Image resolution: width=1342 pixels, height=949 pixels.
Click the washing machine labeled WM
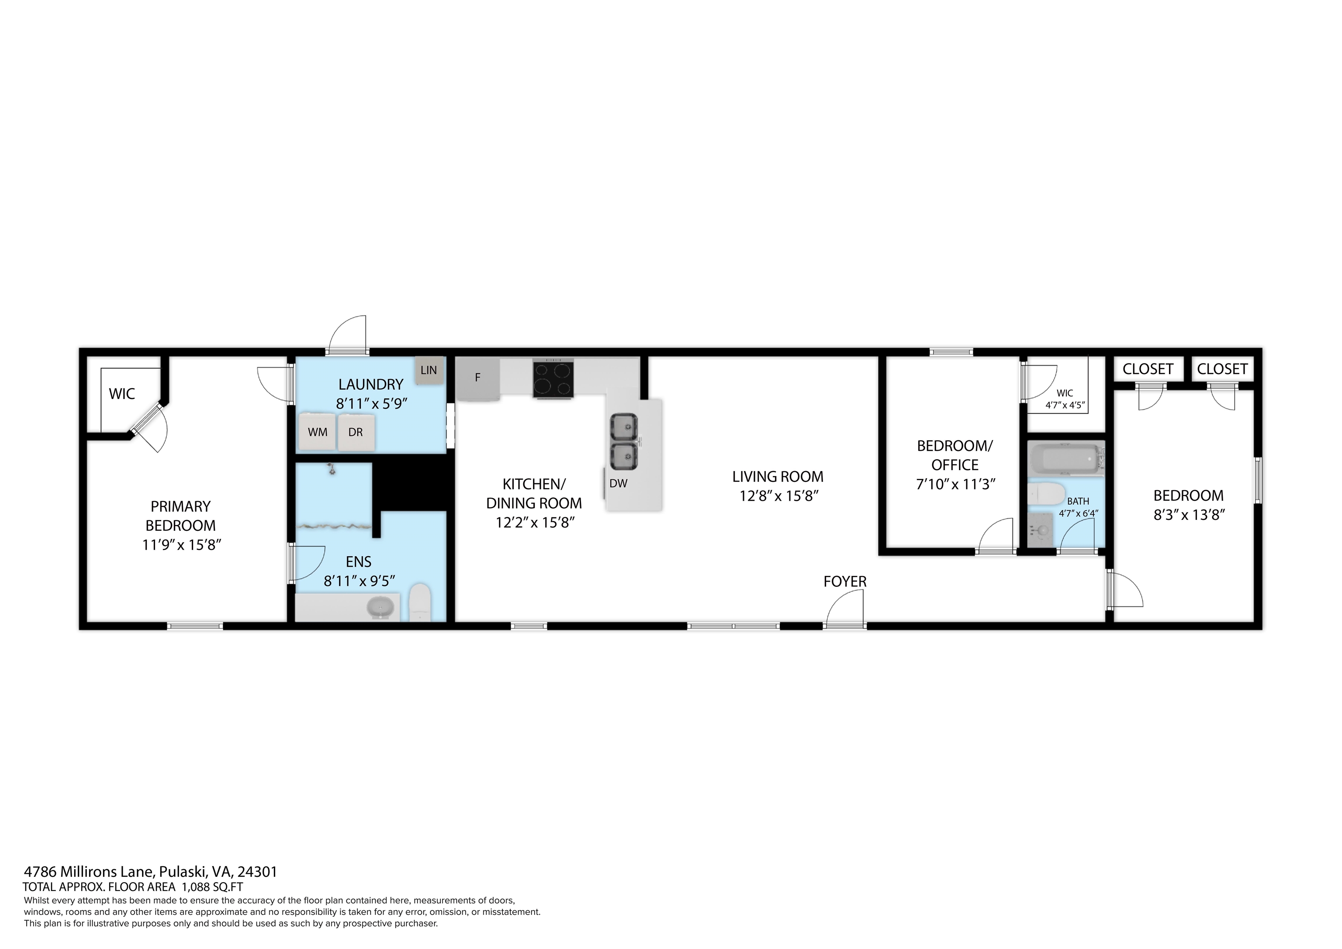318,432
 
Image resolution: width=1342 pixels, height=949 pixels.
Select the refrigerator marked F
478,378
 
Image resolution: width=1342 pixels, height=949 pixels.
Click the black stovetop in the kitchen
553,379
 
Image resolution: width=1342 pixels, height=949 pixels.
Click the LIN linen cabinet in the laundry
429,370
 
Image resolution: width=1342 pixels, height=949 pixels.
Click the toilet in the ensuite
420,602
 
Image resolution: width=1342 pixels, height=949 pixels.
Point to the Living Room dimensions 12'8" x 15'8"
778,496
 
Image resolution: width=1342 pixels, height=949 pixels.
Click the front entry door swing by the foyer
845,608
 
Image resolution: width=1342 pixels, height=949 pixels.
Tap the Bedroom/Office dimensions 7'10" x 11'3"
955,484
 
